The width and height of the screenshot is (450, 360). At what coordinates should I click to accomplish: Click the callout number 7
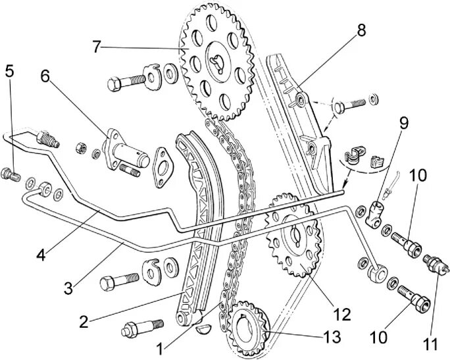97,47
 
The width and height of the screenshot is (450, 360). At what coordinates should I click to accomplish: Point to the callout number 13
332,338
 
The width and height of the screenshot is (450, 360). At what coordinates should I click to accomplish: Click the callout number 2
84,322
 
